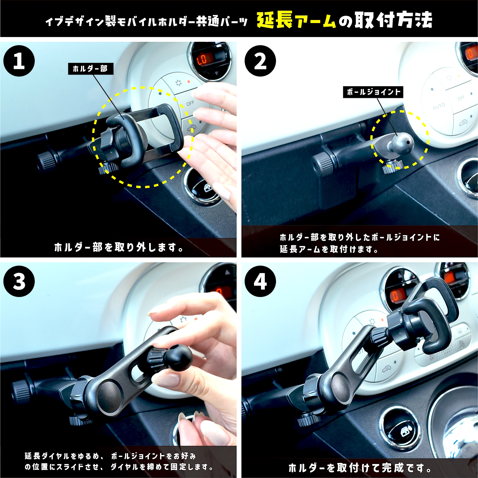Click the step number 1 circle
[19, 61]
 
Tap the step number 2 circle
[260, 61]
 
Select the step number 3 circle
[19, 281]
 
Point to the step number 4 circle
[260, 281]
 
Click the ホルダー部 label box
[91, 69]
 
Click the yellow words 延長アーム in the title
[296, 20]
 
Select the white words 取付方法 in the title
[394, 20]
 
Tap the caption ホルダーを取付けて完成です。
[360, 468]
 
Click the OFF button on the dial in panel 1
[190, 103]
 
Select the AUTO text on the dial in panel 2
[439, 106]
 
